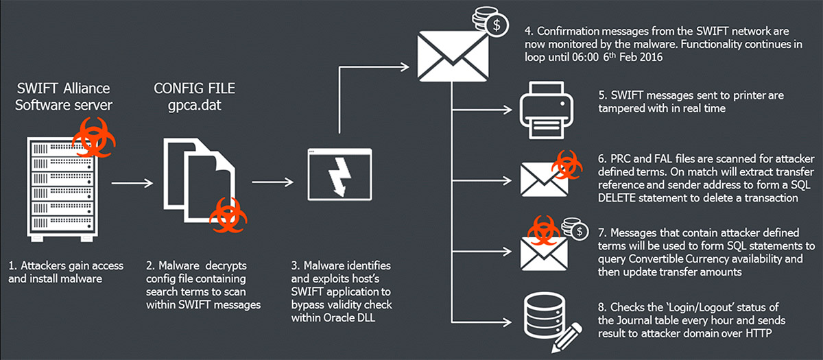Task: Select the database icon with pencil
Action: point(546,320)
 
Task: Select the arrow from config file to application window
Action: point(271,183)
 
